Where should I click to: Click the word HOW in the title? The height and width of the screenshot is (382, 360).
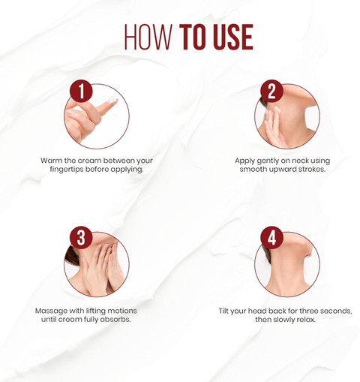[148, 37]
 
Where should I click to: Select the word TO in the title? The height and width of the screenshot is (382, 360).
[194, 37]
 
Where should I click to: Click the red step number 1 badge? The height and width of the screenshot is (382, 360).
[81, 91]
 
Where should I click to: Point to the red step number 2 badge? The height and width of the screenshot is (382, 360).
[271, 91]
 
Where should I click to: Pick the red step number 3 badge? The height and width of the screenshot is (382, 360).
[81, 238]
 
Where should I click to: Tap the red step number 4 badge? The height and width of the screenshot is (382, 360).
[271, 238]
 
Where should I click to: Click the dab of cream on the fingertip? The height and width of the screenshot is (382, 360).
[112, 100]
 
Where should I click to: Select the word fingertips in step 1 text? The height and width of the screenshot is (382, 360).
[67, 170]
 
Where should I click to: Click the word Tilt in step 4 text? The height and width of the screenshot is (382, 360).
[223, 311]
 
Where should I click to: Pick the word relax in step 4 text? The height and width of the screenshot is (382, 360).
[305, 320]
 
